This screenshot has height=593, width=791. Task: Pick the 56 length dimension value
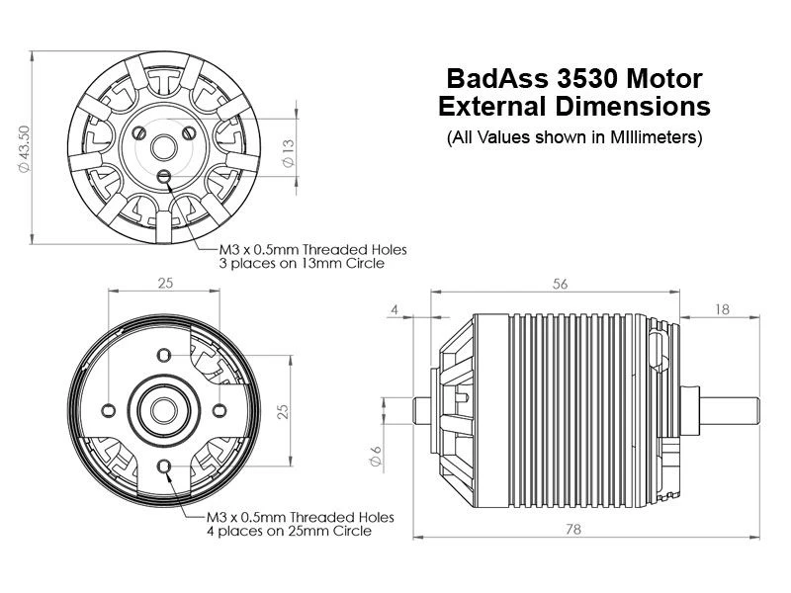(x=561, y=284)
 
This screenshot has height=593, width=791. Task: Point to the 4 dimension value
(x=395, y=309)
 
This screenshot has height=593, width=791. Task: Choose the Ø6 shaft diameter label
(x=375, y=458)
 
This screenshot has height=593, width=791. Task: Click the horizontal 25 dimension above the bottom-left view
(x=164, y=284)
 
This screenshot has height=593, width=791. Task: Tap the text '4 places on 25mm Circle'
(x=289, y=531)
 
